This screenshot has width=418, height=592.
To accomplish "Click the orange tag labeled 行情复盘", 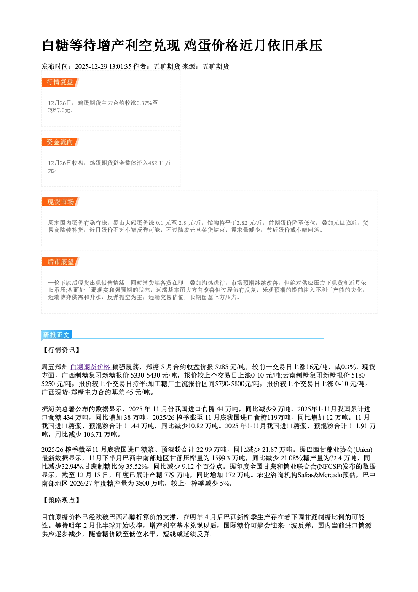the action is [x=60, y=82].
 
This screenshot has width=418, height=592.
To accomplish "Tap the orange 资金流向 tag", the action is [x=60, y=142].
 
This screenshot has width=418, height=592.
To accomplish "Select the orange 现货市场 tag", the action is [x=60, y=202].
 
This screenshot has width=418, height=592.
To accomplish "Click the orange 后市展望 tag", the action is [x=60, y=262].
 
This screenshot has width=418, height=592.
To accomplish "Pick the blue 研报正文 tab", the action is [x=56, y=335].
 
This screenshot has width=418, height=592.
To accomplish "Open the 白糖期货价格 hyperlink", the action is [x=91, y=367].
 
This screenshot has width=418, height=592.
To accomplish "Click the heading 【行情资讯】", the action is [x=62, y=350].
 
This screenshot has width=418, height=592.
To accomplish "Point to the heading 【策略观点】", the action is [x=62, y=500].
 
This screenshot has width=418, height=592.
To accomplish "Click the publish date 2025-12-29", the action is [x=91, y=67].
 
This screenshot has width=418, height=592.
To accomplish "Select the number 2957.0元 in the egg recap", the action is [x=59, y=111].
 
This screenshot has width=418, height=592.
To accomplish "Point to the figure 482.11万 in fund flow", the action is [x=159, y=163].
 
